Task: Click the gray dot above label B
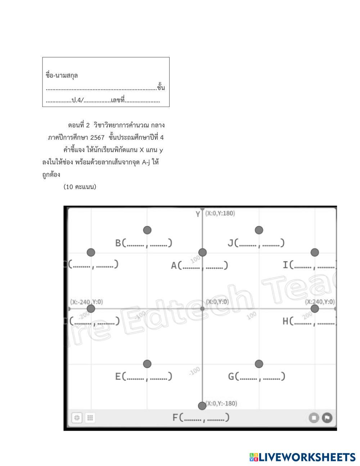[x=147, y=230]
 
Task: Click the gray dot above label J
[x=259, y=230]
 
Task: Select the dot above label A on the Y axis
[x=203, y=252]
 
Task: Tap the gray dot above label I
[x=315, y=252]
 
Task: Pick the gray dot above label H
[x=315, y=309]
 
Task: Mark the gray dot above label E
[x=147, y=364]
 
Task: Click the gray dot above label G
[x=259, y=364]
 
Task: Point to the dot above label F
[x=202, y=406]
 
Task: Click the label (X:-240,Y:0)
[x=86, y=302]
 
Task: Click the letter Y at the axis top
[x=198, y=214]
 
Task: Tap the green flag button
[x=327, y=418]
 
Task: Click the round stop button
[x=314, y=418]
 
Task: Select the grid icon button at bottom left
[x=90, y=418]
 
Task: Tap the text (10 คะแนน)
[x=80, y=187]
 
